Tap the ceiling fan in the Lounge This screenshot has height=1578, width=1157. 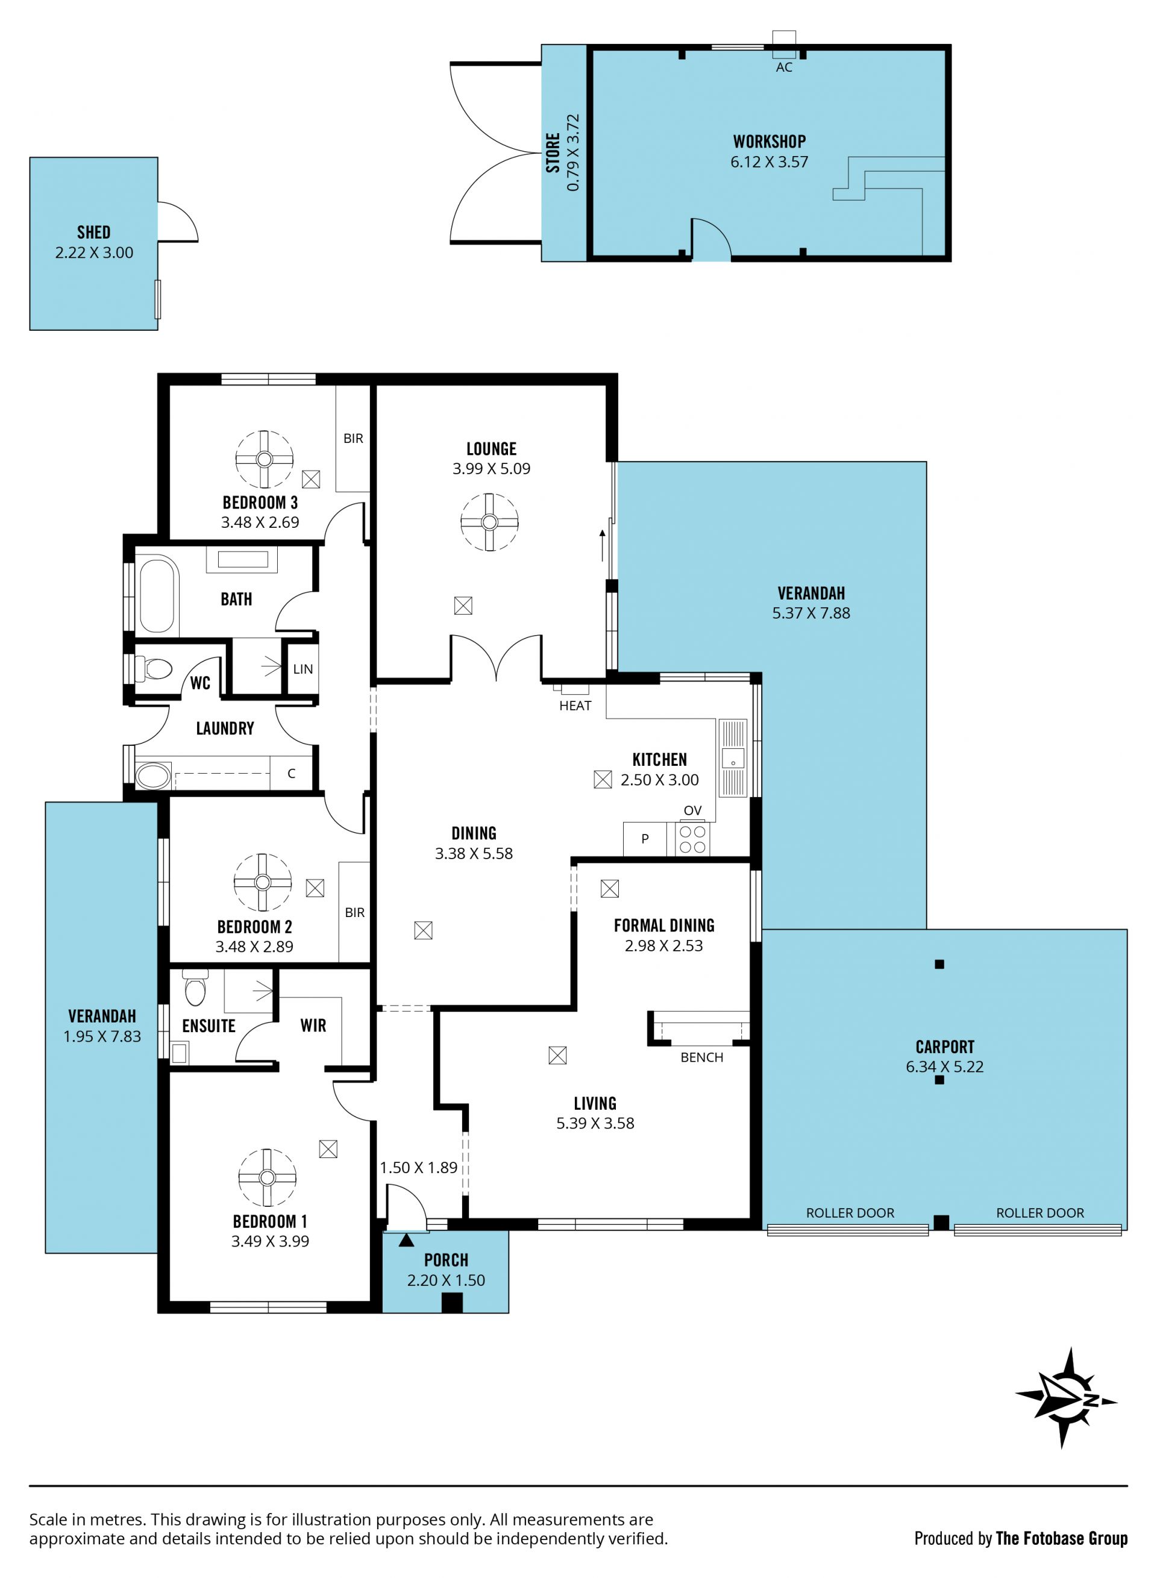coord(489,522)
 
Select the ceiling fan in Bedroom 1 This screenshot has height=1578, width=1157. coord(267,1177)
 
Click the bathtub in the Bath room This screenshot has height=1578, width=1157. coord(156,594)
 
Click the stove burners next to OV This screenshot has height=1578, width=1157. coord(692,839)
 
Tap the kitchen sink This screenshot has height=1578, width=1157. coord(733,759)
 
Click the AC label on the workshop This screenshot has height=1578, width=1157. coord(784,67)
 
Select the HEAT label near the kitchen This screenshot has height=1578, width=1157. coord(575,706)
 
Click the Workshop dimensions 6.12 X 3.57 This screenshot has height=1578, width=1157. coord(769,161)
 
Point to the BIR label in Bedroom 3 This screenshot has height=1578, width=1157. coord(353,438)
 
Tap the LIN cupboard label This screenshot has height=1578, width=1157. coord(303,669)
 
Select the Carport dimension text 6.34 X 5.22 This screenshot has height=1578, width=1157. coord(944,1066)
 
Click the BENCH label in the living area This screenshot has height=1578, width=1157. coord(702,1057)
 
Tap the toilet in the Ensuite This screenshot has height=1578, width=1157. coord(195,988)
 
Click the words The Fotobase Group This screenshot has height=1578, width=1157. coord(1061,1538)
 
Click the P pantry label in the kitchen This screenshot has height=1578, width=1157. coord(645,838)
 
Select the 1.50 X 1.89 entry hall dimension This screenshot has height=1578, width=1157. coord(418,1167)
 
